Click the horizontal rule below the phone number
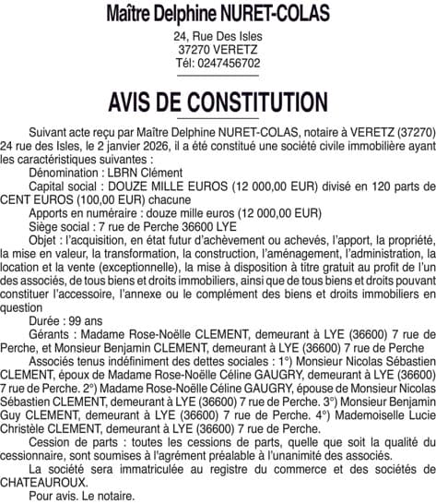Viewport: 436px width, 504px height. (x=218, y=75)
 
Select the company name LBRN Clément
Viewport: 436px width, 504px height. (x=146, y=173)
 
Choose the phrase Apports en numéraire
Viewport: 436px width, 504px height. (x=85, y=211)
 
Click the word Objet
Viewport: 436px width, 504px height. (x=43, y=238)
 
